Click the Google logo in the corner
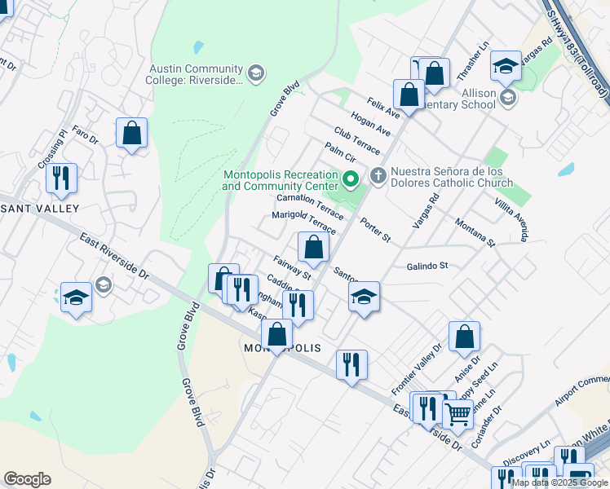coord(27,479)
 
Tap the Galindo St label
coord(428,266)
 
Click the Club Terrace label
coord(356,140)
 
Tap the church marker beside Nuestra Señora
coord(378,175)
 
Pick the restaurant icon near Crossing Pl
coord(61,178)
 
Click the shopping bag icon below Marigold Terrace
coord(313,247)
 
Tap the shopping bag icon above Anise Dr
coord(464,337)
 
